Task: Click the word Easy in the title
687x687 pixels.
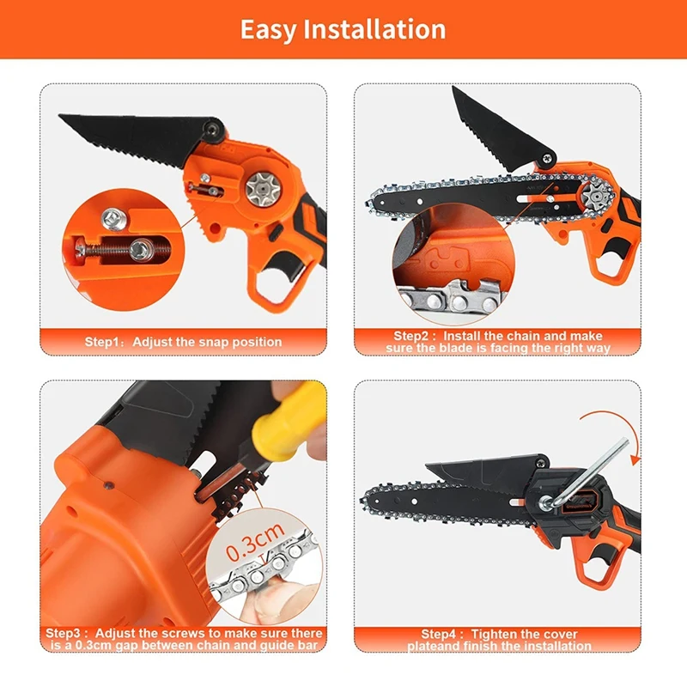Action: click(267, 29)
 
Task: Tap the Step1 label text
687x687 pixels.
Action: click(107, 342)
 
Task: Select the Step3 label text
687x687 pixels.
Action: click(64, 633)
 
